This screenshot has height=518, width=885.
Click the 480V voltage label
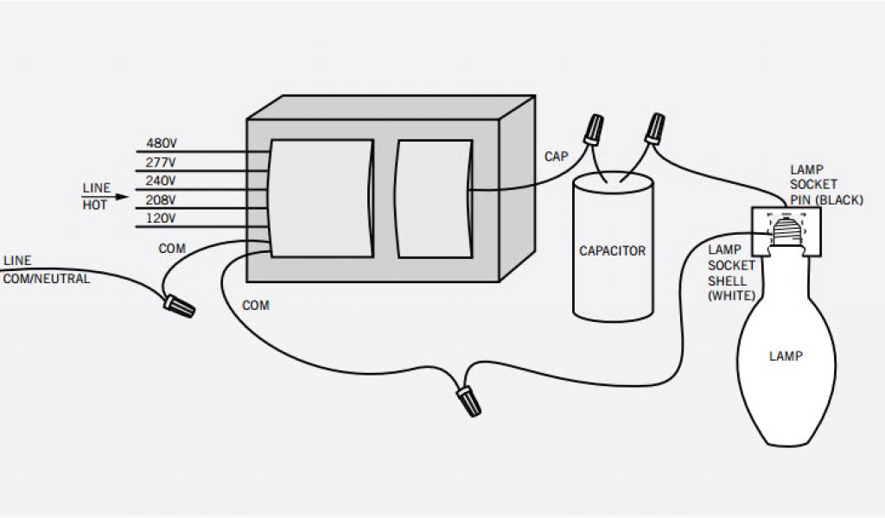(162, 142)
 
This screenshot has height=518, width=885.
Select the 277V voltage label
(162, 161)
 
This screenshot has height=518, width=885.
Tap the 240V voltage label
(162, 180)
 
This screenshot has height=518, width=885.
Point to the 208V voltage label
(162, 199)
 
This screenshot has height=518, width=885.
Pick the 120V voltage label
(162, 218)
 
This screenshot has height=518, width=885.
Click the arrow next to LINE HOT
(121, 197)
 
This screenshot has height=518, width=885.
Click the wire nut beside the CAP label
(593, 130)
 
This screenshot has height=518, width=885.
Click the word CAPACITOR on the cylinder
(612, 251)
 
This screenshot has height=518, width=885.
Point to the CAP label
(556, 156)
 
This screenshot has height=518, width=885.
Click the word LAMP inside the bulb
(785, 356)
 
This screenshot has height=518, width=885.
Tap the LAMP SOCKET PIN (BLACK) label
(825, 185)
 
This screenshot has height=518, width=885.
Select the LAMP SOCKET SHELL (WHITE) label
(731, 272)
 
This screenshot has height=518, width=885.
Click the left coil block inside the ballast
(321, 198)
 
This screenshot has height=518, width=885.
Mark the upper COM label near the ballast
(172, 249)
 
